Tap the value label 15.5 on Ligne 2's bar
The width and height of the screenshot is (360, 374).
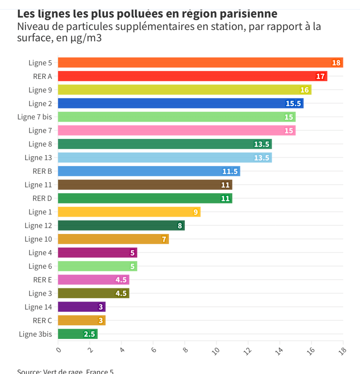(x=293, y=103)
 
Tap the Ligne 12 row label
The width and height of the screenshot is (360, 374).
(x=38, y=226)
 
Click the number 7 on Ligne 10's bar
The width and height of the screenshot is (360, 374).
(x=164, y=239)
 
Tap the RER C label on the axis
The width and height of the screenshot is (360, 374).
(x=42, y=321)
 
